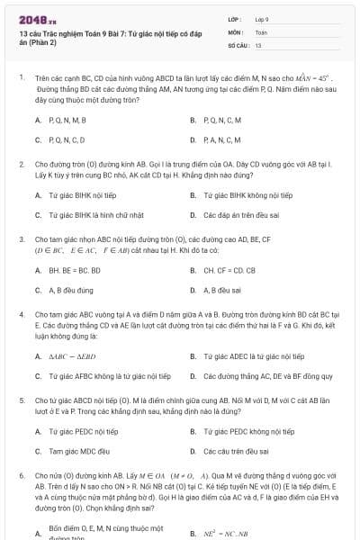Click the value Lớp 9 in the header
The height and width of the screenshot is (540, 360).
tap(262, 18)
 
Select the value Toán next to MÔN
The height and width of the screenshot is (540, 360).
tap(261, 31)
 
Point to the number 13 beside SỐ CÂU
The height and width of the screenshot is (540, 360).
tap(258, 44)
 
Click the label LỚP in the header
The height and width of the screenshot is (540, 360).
tap(235, 18)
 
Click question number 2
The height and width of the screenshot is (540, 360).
tap(21, 165)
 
